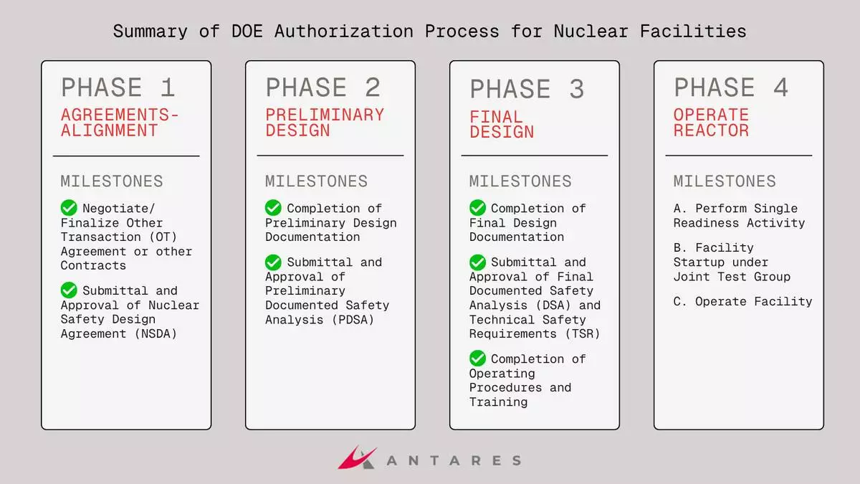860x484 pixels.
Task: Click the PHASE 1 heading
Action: [x=118, y=87]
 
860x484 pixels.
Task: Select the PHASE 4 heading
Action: [x=731, y=87]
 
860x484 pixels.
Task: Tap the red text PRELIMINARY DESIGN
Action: [x=325, y=123]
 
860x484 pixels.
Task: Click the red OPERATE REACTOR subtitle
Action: [x=711, y=123]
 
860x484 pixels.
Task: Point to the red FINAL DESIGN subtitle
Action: [x=502, y=124]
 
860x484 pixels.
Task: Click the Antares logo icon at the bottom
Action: [x=357, y=457]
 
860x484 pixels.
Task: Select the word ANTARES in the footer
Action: [x=454, y=460]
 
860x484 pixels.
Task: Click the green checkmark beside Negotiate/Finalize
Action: [x=69, y=208]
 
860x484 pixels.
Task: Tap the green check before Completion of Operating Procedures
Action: [x=478, y=359]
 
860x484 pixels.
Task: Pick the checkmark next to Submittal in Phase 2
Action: [x=273, y=262]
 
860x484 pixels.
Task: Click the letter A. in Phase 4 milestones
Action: [x=681, y=209]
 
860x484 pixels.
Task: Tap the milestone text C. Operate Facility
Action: [x=742, y=302]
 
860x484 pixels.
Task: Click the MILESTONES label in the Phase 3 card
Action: [x=520, y=181]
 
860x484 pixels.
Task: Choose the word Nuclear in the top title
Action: [x=591, y=32]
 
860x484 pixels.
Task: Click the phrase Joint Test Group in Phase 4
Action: [x=732, y=276]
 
